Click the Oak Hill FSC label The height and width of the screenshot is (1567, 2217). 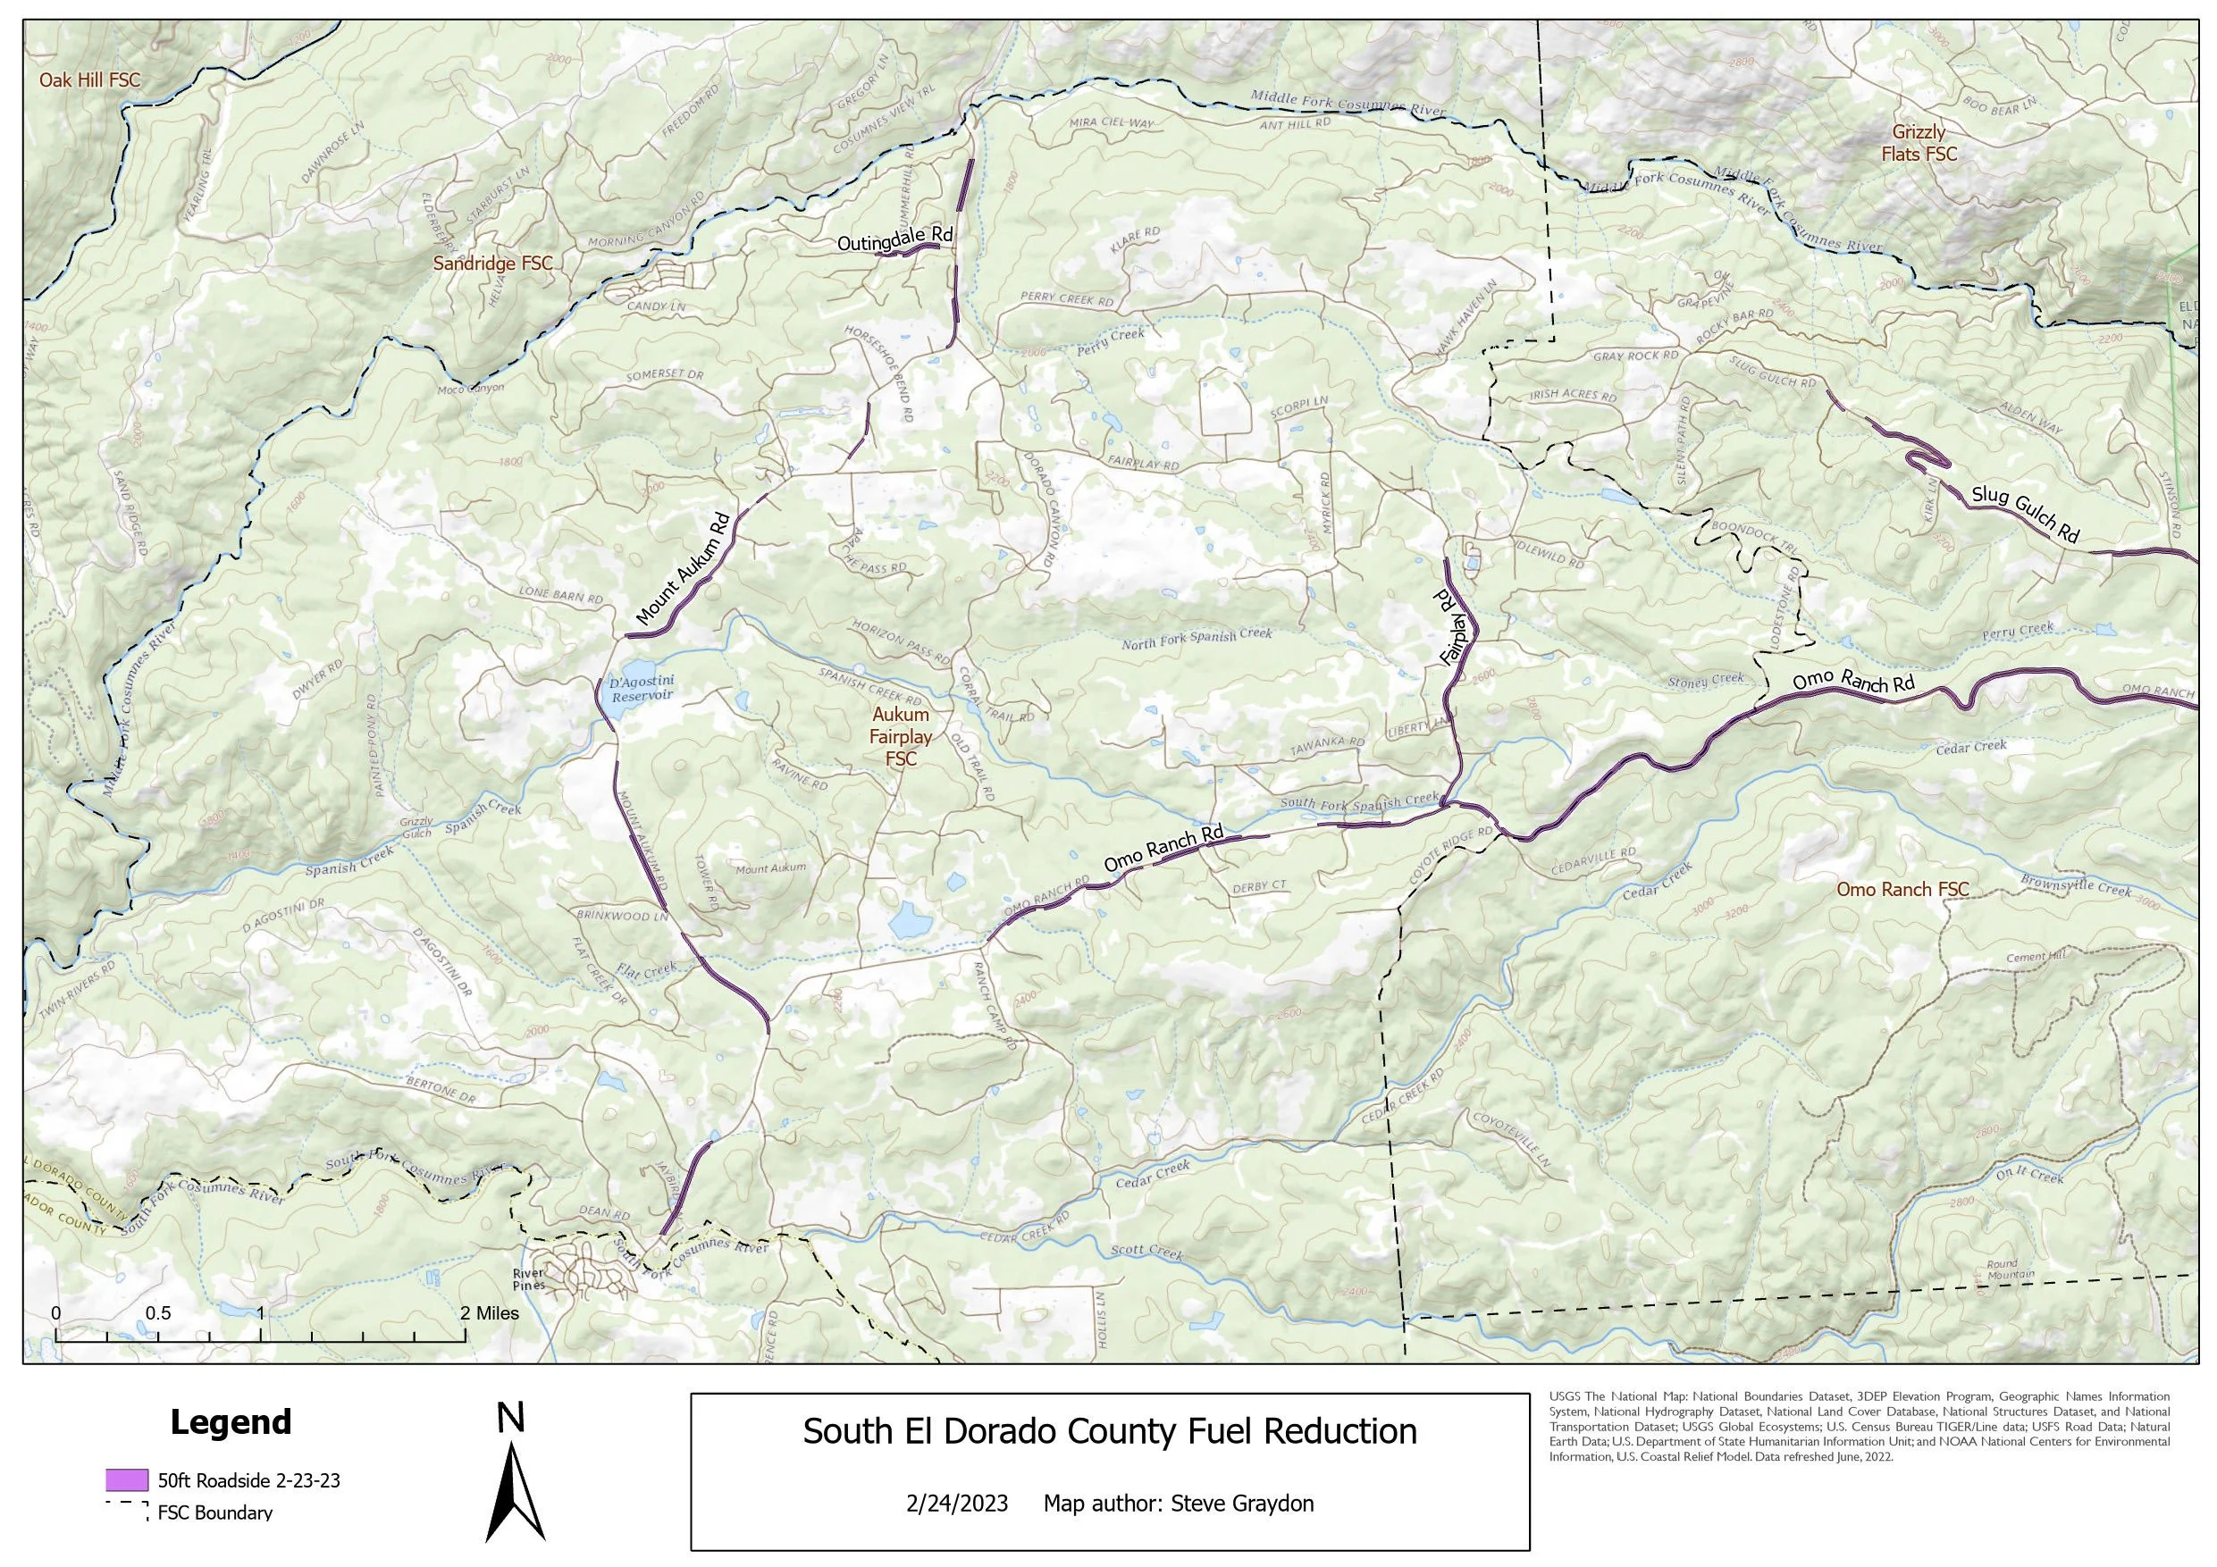tap(89, 80)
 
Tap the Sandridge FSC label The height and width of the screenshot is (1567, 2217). tap(492, 264)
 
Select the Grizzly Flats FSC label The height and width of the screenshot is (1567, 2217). tap(1918, 143)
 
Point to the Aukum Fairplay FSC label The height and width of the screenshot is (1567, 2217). tap(901, 736)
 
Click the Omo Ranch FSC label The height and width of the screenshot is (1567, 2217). tap(1902, 889)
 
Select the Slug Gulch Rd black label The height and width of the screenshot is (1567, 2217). tap(2025, 515)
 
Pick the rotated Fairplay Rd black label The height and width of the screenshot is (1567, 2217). tap(1451, 626)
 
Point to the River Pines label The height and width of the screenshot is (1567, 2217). tap(528, 1279)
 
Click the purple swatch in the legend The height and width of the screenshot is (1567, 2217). tap(127, 1480)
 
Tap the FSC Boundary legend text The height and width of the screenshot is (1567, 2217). tap(214, 1513)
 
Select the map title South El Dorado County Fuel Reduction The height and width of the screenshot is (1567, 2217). tap(1110, 1431)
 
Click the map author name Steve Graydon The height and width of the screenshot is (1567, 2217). tap(1242, 1504)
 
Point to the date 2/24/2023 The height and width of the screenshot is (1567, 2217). tap(957, 1504)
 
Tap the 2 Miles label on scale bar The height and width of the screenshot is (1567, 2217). tap(490, 1313)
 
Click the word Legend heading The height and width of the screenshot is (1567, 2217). tap(231, 1422)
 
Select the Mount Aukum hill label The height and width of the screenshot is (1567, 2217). tap(770, 868)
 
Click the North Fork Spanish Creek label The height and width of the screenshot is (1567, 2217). tap(1197, 639)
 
